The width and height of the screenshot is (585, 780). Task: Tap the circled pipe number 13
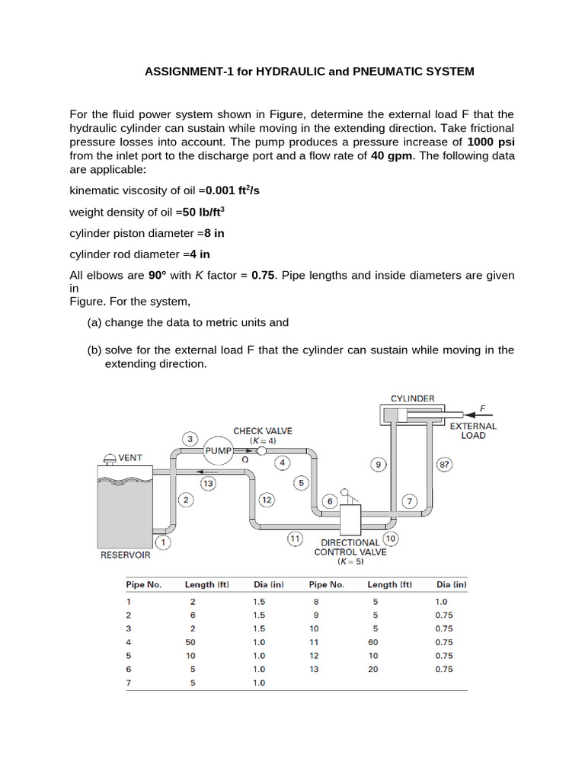pyautogui.click(x=207, y=483)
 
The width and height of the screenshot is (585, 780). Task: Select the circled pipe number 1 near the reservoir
pyautogui.click(x=163, y=542)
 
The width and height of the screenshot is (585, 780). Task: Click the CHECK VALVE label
pyautogui.click(x=263, y=431)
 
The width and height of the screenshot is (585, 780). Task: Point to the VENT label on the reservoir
pyautogui.click(x=129, y=459)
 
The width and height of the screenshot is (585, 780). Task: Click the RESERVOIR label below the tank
pyautogui.click(x=126, y=555)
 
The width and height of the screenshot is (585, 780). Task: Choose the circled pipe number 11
pyautogui.click(x=295, y=539)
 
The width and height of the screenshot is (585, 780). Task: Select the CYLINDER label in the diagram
pyautogui.click(x=412, y=398)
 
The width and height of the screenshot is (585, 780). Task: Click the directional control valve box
pyautogui.click(x=350, y=521)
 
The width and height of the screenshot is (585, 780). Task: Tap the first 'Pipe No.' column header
pyautogui.click(x=143, y=585)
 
